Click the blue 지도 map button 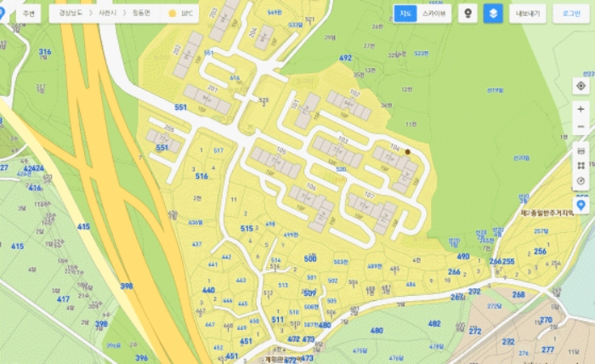[405, 14]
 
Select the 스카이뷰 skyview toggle [433, 14]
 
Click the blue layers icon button [493, 14]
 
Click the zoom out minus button [581, 127]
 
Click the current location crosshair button [581, 86]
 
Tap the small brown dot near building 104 [407, 151]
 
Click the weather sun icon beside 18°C [173, 14]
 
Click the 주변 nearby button [29, 14]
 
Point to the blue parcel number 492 [345, 58]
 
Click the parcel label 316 [45, 52]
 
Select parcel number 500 [310, 258]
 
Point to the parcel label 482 [434, 324]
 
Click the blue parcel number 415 [83, 226]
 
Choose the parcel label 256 [540, 252]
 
